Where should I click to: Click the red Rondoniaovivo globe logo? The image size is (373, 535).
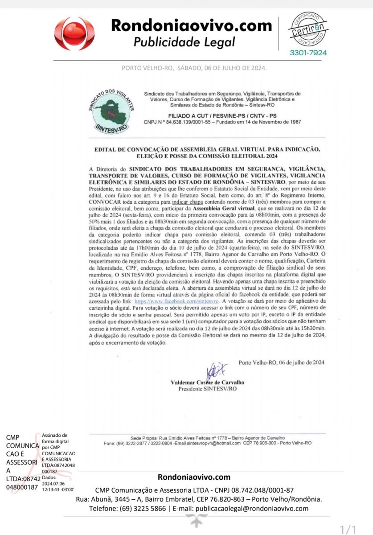click(74, 34)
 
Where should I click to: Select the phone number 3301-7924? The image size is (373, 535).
click(308, 53)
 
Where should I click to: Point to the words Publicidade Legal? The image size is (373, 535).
click(184, 42)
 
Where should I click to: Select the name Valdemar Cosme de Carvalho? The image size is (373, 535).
click(207, 383)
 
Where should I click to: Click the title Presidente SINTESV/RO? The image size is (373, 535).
click(207, 389)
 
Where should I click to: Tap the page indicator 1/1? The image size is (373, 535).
click(348, 529)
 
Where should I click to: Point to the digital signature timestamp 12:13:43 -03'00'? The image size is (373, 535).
click(58, 489)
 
